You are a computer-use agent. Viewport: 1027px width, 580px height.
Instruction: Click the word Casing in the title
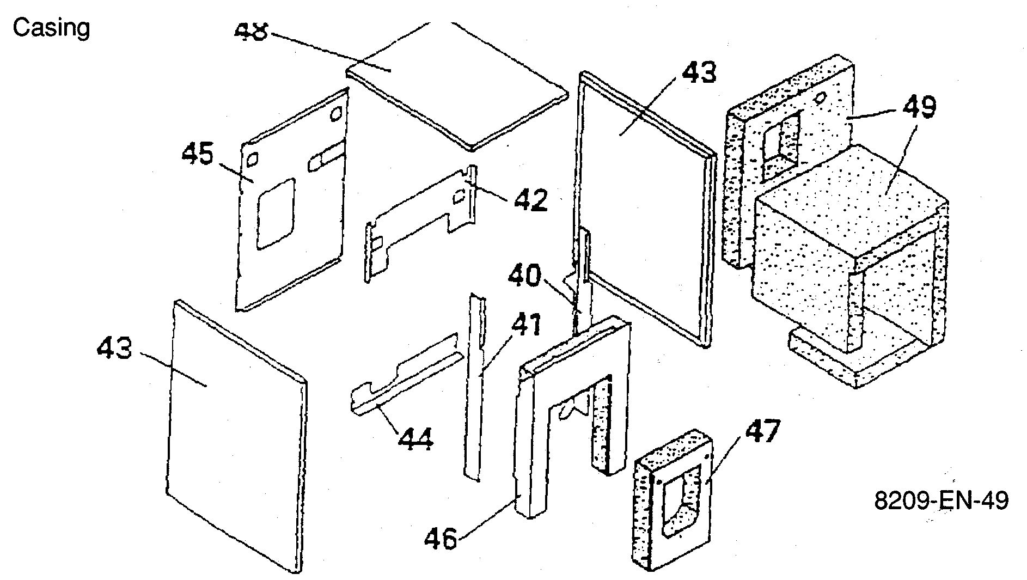(51, 27)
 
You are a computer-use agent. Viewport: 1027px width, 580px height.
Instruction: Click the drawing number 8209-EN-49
(941, 500)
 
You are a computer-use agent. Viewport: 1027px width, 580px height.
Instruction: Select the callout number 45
(197, 155)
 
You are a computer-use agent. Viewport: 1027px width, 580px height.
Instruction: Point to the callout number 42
(530, 200)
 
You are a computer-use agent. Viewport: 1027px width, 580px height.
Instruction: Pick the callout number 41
(525, 326)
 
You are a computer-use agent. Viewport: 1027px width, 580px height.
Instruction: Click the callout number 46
(442, 540)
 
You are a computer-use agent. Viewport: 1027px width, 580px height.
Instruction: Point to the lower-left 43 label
(114, 347)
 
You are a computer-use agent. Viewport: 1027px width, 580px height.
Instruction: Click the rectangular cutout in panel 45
(276, 213)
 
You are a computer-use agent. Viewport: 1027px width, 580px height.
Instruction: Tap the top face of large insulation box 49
(849, 196)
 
